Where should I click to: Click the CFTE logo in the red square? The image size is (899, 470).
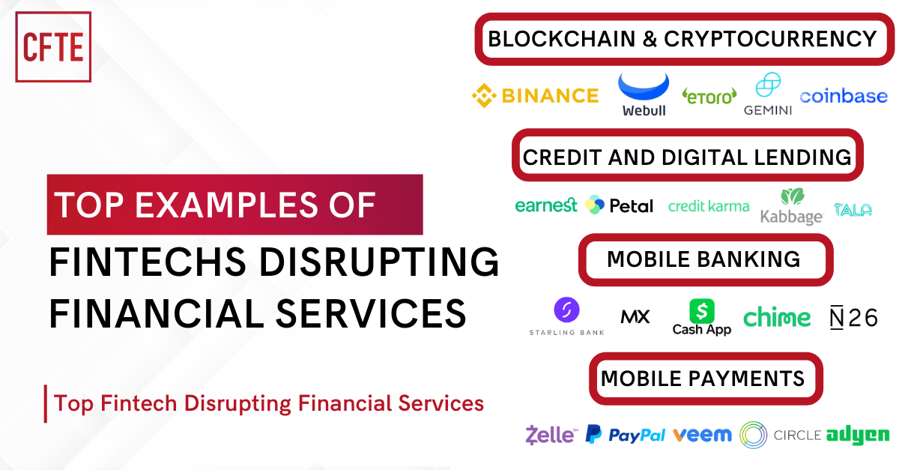pos(53,46)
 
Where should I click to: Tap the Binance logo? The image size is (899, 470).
pos(535,95)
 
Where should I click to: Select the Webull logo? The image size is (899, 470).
pos(644,94)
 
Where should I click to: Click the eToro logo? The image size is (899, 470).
pos(709,95)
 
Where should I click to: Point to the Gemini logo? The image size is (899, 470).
pos(768,95)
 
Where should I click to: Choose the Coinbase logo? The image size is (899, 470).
pos(844,96)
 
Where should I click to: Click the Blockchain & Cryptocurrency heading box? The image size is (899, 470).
pos(682,38)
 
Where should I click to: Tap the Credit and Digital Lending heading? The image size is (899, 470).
pos(687,157)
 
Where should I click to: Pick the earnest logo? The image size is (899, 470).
pos(546,205)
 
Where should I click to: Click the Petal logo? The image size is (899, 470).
pos(619,205)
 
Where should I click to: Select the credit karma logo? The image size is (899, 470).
pos(708,205)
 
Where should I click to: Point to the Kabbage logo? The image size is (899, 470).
pos(791,207)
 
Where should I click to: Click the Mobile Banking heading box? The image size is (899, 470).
pos(704,259)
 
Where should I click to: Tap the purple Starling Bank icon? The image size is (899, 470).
pos(566,310)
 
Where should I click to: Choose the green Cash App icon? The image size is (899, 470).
pos(702,310)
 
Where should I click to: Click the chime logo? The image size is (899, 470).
pos(777,317)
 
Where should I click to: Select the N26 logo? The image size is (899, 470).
pos(853,317)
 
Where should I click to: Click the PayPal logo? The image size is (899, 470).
pos(625,435)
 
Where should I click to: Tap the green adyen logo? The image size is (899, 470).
pos(857,435)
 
